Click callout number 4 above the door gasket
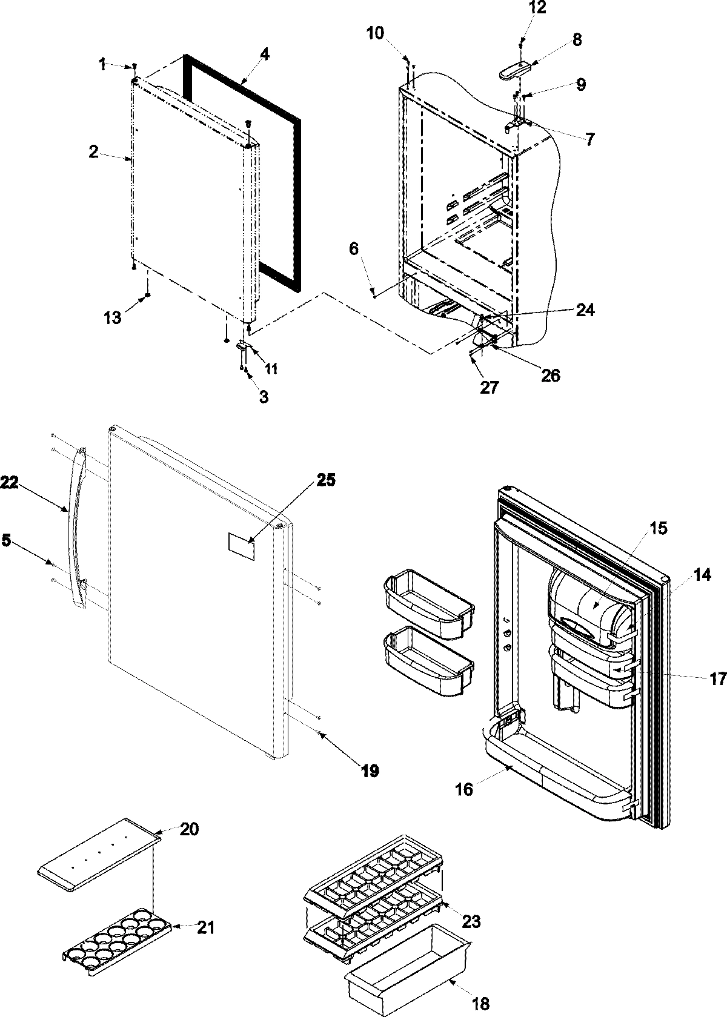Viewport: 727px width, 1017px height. (264, 53)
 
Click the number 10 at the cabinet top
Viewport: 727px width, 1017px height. (375, 33)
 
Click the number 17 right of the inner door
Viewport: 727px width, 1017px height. (717, 679)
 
